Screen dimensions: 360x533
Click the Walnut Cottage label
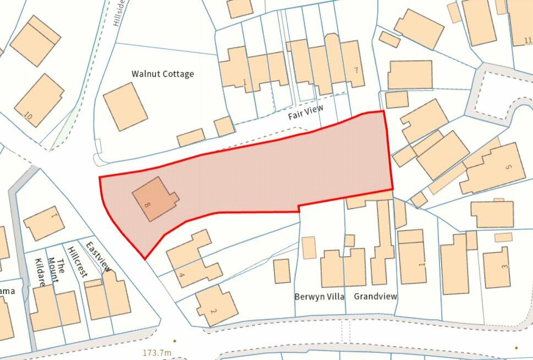click(x=162, y=74)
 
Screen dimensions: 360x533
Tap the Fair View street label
click(x=306, y=114)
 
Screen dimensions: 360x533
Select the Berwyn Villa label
click(x=319, y=296)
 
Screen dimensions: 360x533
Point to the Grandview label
click(x=375, y=296)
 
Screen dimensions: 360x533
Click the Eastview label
click(x=99, y=257)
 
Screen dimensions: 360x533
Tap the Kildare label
click(x=40, y=274)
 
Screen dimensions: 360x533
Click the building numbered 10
click(x=40, y=100)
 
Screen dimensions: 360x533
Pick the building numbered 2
click(x=217, y=306)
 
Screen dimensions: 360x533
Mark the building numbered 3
click(x=497, y=268)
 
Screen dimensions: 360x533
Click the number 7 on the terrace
click(x=356, y=70)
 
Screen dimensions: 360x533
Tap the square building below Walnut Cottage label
click(x=125, y=106)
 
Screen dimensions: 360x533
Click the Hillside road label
click(x=116, y=13)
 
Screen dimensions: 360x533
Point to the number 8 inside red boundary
click(x=146, y=204)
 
